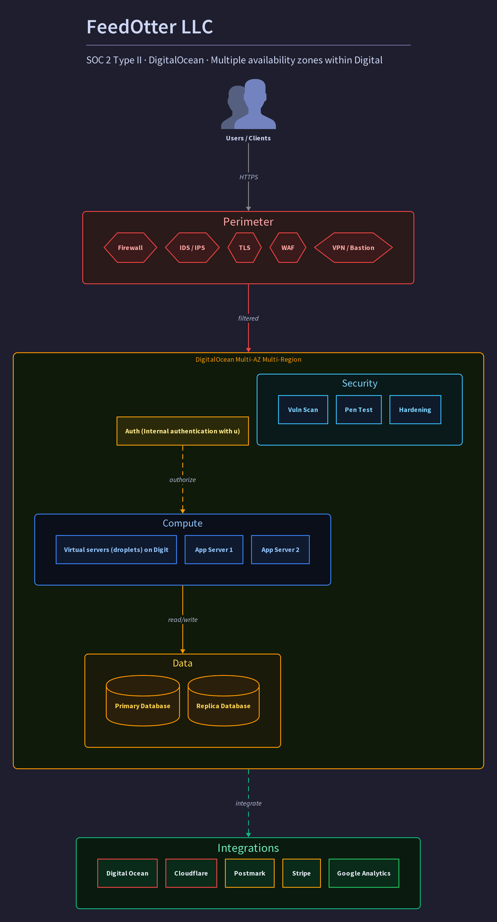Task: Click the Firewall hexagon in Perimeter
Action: (130, 248)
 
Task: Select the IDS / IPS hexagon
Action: (192, 248)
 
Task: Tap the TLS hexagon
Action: (245, 248)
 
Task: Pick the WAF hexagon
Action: (288, 248)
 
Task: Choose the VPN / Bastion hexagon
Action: (353, 248)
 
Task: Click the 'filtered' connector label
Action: (248, 318)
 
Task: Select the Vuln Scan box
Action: (303, 410)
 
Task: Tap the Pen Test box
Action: (359, 410)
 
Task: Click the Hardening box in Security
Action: (415, 410)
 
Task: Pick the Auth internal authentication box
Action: (183, 431)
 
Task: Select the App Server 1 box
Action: (214, 550)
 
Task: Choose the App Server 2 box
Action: (280, 550)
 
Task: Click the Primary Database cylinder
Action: (143, 700)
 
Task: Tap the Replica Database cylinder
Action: (224, 700)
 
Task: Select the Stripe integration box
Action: (301, 873)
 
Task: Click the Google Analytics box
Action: (364, 873)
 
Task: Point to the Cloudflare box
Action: (191, 873)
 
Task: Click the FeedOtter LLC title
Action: (150, 27)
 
